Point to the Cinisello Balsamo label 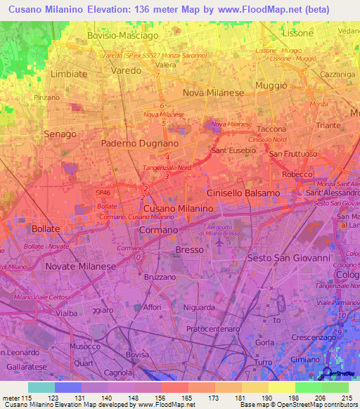pos(243,193)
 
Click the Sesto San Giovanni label pos(289,258)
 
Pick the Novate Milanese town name pos(79,267)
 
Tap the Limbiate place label pos(69,74)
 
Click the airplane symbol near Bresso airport pos(219,242)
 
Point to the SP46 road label pos(103,192)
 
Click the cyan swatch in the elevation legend pos(41,387)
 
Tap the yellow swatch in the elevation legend pos(282,387)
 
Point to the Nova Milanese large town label pos(213,93)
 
